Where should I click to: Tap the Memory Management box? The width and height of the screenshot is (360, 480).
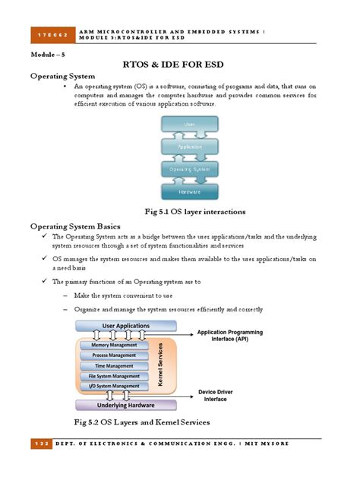coord(114,345)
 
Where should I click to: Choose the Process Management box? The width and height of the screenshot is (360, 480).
coord(114,355)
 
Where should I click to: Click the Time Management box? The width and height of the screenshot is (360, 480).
coord(114,366)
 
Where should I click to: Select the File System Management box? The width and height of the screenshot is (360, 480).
coord(114,376)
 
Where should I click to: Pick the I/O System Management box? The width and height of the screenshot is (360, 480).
coord(114,387)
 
